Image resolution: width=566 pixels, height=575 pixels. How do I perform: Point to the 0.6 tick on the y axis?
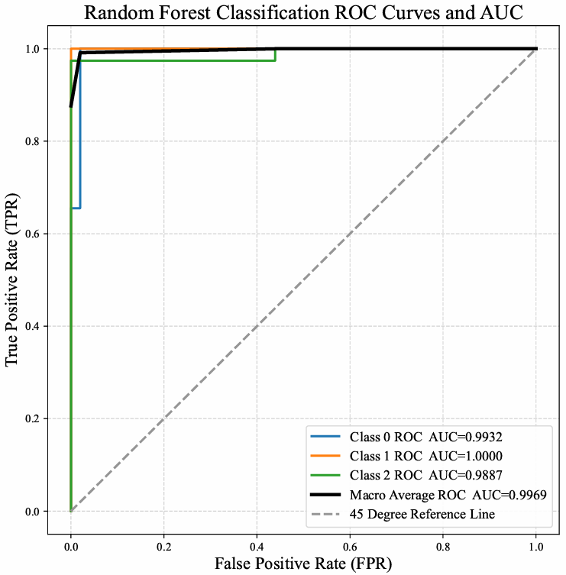[x=34, y=234]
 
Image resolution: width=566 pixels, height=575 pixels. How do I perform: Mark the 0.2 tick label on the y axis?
[x=34, y=418]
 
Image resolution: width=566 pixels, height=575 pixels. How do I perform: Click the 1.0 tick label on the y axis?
[x=34, y=49]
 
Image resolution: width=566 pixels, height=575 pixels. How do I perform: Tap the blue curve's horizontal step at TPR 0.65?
[x=76, y=208]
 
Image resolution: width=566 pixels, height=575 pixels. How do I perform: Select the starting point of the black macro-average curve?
[x=71, y=106]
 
